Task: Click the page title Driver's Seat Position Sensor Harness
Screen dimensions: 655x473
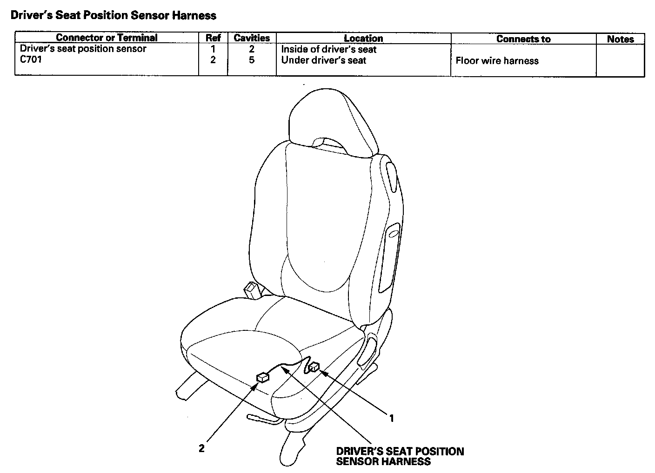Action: click(113, 15)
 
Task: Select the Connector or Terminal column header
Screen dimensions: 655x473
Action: click(107, 38)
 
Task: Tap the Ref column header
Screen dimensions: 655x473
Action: click(213, 38)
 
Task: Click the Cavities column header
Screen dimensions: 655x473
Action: click(252, 38)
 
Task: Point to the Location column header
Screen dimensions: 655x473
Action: click(363, 39)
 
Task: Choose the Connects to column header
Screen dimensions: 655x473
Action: click(523, 39)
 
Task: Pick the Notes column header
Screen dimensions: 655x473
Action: click(620, 39)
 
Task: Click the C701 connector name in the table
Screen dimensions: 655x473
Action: click(31, 59)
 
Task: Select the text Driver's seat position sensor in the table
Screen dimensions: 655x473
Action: click(83, 49)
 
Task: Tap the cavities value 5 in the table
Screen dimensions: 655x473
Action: click(252, 60)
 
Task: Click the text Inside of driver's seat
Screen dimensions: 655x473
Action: click(328, 49)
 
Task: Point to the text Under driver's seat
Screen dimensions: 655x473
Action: click(323, 60)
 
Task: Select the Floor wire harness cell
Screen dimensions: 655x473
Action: click(497, 61)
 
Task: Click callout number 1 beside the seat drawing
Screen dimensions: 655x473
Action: click(392, 418)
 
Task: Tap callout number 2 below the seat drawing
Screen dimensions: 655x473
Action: click(201, 448)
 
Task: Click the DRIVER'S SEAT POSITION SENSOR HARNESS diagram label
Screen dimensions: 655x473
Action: click(400, 456)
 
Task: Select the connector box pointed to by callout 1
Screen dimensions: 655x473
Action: click(314, 367)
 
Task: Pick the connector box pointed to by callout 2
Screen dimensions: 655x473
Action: click(262, 377)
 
